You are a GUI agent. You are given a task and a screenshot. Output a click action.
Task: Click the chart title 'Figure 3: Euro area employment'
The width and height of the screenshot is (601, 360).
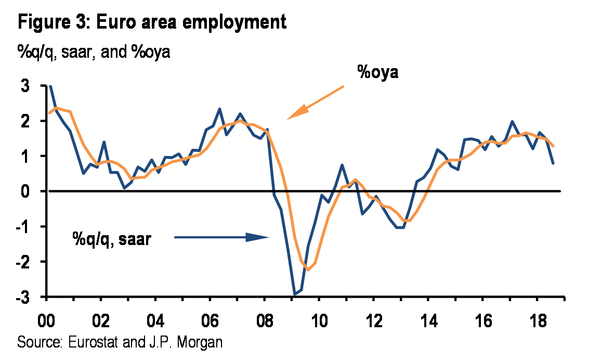[x=152, y=22]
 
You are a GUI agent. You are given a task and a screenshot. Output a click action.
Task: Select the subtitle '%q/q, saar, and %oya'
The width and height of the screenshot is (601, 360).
[x=94, y=53]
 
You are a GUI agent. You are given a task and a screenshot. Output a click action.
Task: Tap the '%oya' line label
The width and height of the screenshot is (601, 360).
[x=377, y=72]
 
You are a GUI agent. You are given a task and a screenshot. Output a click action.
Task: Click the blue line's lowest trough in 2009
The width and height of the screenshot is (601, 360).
[x=295, y=294]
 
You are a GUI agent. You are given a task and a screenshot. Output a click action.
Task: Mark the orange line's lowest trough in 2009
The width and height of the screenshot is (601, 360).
[x=308, y=269]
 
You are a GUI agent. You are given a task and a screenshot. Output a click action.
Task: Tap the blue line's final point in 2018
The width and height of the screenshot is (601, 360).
[x=553, y=163]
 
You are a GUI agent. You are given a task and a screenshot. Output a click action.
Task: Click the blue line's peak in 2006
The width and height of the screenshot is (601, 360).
[x=219, y=109]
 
